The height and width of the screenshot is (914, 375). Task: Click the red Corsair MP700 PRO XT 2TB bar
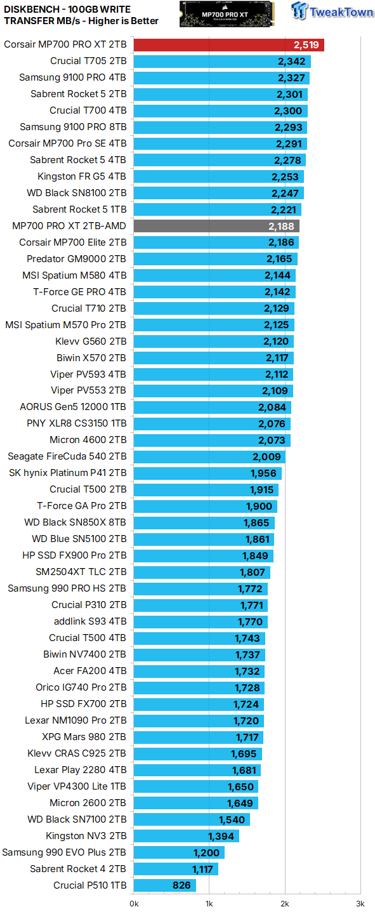tap(228, 44)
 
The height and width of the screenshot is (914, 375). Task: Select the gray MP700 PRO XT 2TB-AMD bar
tap(216, 226)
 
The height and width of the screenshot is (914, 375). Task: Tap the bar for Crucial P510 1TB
tap(165, 885)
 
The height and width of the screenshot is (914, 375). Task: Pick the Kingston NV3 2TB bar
tap(186, 836)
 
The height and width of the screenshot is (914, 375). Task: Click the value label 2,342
tap(293, 61)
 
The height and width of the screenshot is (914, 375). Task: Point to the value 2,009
tap(267, 456)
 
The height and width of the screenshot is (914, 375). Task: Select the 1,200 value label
tap(206, 852)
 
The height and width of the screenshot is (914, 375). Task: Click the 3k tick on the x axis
tap(360, 903)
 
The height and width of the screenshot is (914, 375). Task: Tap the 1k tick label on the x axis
tap(209, 903)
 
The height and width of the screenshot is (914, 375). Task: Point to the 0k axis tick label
tap(134, 903)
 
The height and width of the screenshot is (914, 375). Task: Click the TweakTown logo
tap(332, 11)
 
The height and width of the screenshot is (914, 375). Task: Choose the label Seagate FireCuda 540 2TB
tap(67, 456)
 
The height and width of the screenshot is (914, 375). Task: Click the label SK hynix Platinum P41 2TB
tap(68, 472)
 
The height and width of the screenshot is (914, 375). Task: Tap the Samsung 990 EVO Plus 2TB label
tap(64, 852)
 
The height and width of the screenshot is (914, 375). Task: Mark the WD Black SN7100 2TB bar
tap(192, 819)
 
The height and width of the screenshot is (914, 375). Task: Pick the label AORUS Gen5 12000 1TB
tap(73, 407)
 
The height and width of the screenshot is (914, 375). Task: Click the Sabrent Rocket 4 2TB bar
tap(176, 869)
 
